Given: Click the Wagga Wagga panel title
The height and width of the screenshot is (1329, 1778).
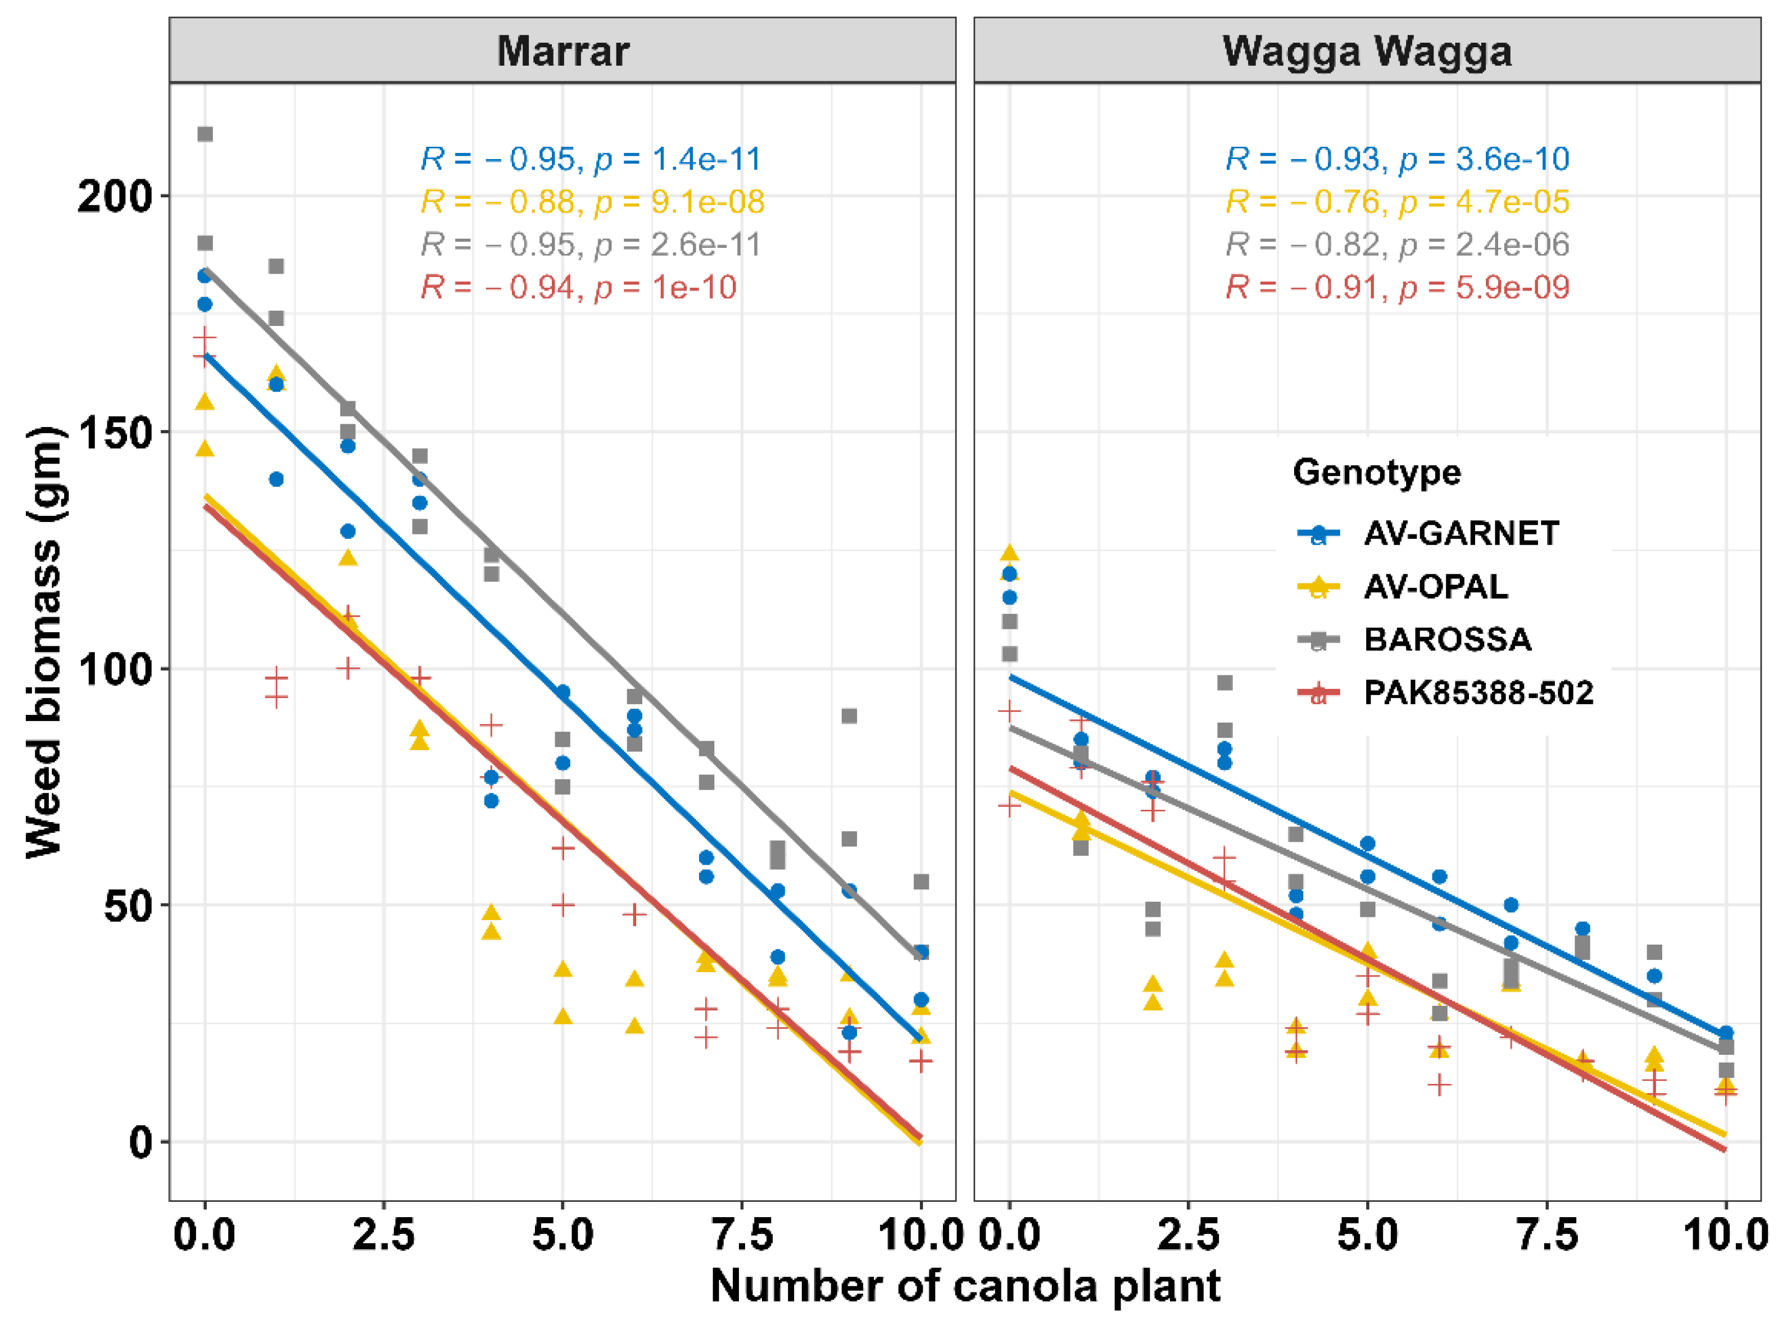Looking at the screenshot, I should point(1367,52).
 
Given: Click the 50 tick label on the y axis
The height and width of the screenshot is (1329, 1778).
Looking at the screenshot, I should point(129,906).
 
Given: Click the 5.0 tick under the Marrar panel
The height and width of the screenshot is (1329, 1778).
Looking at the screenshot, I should point(563,1234).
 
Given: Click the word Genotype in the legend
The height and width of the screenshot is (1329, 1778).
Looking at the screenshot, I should point(1376,472).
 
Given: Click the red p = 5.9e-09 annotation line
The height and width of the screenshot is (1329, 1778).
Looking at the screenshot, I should point(1397,287).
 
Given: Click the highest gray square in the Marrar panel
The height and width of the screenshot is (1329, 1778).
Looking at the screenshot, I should point(205,134).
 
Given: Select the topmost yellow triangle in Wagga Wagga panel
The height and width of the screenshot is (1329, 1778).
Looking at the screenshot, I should point(1010,553).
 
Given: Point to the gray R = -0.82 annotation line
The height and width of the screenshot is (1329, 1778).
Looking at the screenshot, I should point(1397,244).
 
